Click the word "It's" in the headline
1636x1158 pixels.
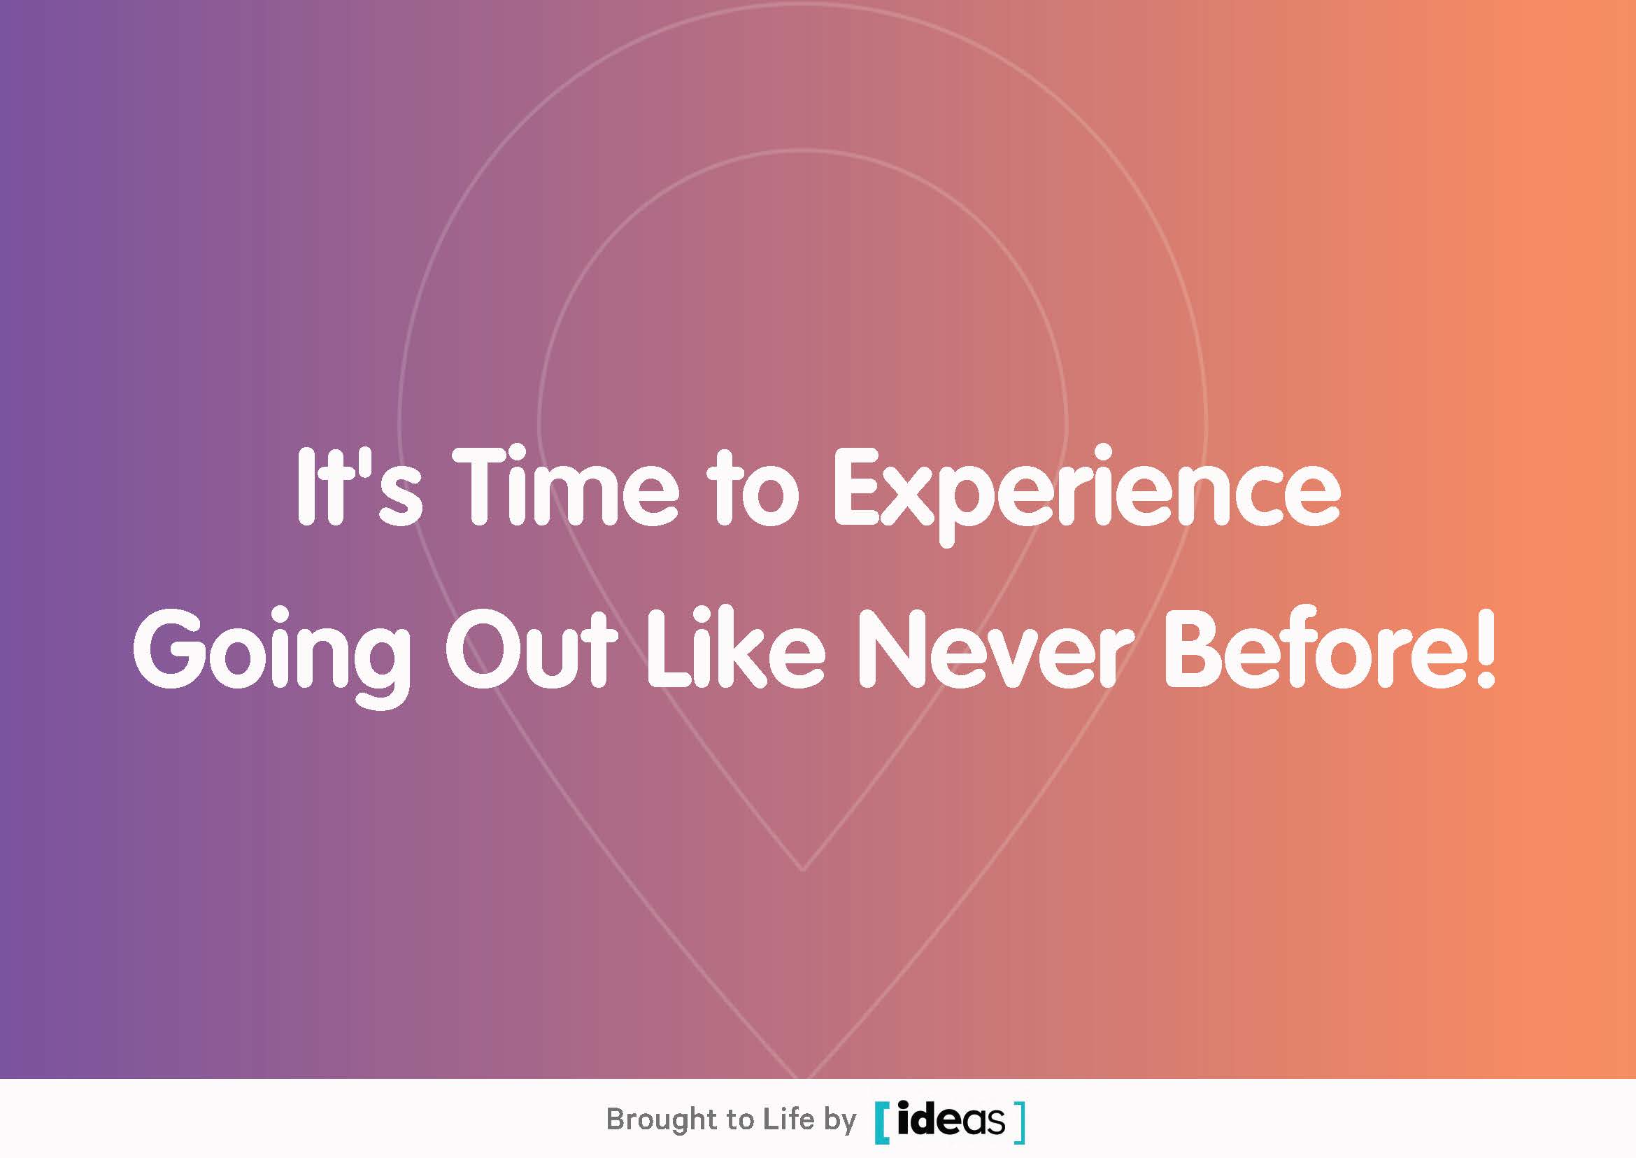360,488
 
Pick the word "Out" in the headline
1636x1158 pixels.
530,649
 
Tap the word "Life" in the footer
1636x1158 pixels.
788,1119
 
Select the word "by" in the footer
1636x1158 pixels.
840,1122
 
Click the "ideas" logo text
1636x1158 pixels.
951,1120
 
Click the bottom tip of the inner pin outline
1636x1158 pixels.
804,869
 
